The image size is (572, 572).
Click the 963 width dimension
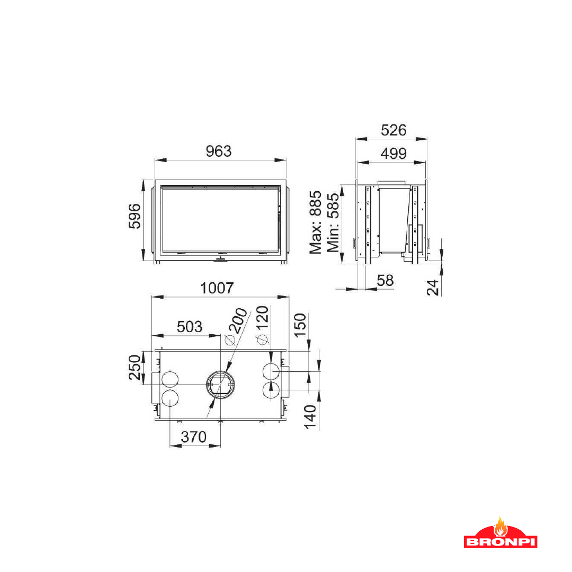pos(219,151)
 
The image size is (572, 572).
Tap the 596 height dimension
pos(135,216)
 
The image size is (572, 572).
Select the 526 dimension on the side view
pos(394,130)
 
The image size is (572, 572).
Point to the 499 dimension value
pos(394,154)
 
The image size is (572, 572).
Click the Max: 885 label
pos(316,222)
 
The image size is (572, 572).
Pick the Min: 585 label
pos(333,222)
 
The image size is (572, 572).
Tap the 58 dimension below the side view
pos(385,281)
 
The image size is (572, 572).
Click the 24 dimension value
pos(433,288)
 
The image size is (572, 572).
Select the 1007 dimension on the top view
pos(217,288)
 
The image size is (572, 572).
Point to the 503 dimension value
pos(190,326)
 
